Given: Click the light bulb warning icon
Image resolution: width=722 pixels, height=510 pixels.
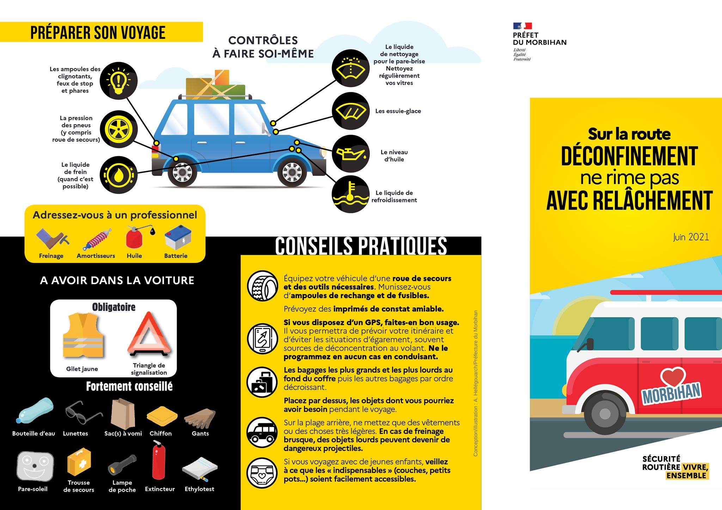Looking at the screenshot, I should [118, 81].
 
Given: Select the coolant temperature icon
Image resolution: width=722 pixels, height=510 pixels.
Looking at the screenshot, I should [350, 194].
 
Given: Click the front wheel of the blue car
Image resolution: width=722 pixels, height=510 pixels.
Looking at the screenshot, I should [292, 172].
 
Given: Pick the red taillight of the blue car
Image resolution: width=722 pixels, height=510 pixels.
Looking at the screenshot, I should [155, 149].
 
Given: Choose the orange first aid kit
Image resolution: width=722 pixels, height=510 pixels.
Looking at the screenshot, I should [79, 462].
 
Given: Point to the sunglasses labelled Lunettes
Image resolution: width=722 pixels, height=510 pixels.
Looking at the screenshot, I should [83, 413].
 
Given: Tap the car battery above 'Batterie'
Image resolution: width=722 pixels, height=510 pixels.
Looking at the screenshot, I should [178, 237].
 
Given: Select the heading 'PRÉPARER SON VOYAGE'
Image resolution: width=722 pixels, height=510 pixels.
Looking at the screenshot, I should [98, 32].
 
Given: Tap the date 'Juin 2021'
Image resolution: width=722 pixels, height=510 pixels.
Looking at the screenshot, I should [691, 237].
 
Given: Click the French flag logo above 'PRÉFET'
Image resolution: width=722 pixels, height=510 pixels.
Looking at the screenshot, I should [522, 26].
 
